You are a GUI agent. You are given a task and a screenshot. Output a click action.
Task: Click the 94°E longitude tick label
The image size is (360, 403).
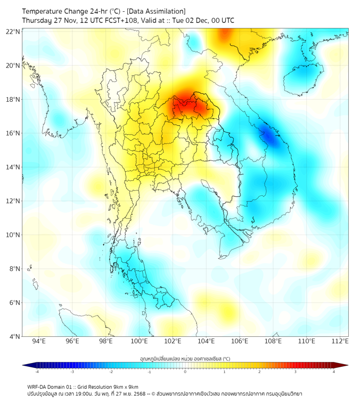click(39, 341)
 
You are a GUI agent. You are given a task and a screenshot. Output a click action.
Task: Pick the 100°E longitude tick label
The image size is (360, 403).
click(139, 341)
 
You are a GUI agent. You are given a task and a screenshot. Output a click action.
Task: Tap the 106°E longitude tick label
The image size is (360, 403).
click(240, 341)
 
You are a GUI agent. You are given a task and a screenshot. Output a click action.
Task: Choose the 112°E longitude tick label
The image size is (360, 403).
click(340, 341)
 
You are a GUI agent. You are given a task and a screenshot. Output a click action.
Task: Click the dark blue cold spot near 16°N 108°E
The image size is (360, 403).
click(271, 138)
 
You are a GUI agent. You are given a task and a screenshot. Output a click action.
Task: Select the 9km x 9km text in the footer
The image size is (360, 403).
click(124, 386)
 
